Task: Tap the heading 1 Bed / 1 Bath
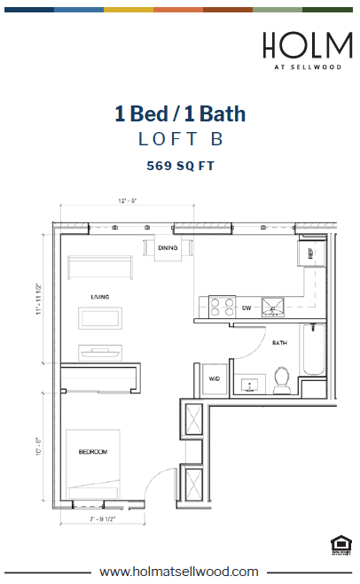pyautogui.click(x=180, y=113)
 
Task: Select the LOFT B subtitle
pyautogui.click(x=180, y=139)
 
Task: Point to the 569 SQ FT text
pyautogui.click(x=180, y=165)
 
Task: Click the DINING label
pyautogui.click(x=168, y=248)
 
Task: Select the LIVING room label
pyautogui.click(x=98, y=296)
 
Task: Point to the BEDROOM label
pyautogui.click(x=93, y=452)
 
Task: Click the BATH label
pyautogui.click(x=279, y=342)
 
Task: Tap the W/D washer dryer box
pyautogui.click(x=214, y=378)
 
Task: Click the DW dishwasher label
pyautogui.click(x=247, y=308)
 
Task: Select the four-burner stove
pyautogui.click(x=222, y=307)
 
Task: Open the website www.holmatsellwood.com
pyautogui.click(x=180, y=572)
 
